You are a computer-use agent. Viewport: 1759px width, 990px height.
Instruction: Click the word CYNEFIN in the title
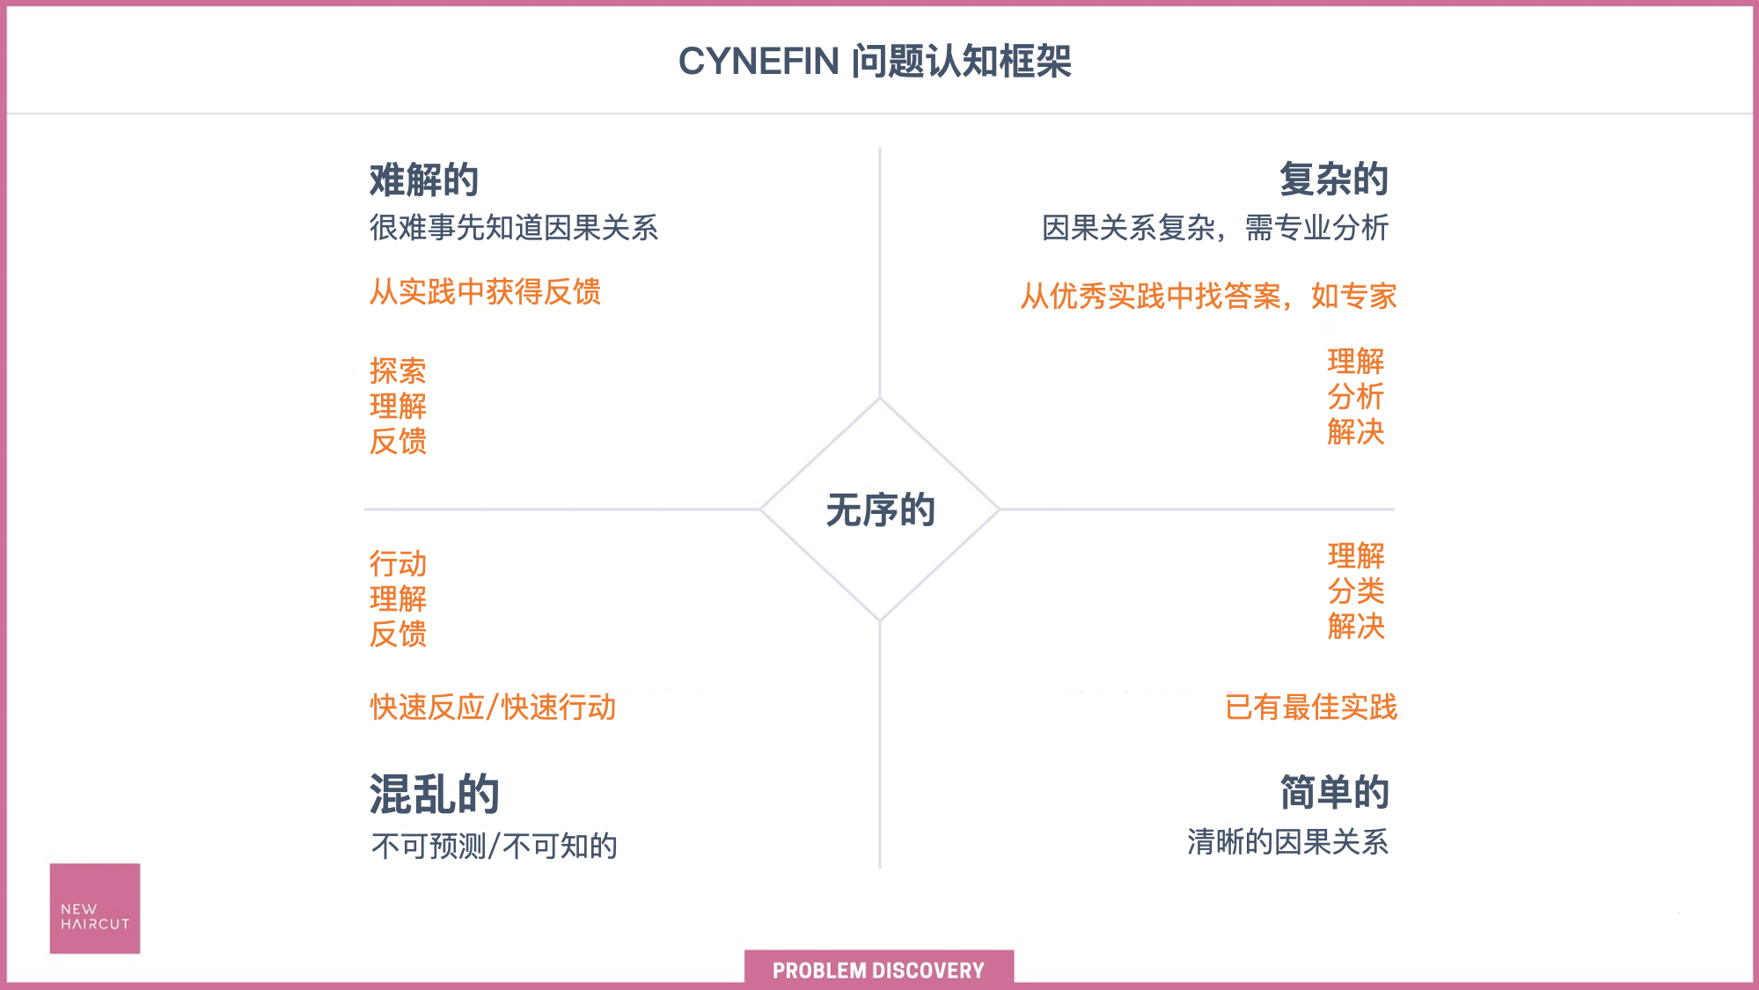[759, 62]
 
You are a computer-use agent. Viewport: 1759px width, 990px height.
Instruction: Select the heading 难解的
[424, 180]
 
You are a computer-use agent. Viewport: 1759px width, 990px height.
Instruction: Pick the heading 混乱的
[435, 794]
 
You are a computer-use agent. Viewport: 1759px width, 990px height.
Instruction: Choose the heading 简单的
[1335, 792]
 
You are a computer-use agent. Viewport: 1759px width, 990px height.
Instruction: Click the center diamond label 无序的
[881, 510]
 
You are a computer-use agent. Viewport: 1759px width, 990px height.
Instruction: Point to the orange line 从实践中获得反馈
[486, 291]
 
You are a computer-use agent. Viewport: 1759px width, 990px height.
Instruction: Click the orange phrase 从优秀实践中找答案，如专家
[1209, 296]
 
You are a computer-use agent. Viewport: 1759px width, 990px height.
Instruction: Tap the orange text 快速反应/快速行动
[493, 707]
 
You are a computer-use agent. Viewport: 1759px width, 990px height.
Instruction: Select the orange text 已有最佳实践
[1311, 707]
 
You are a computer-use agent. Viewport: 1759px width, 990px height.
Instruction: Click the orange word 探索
[398, 370]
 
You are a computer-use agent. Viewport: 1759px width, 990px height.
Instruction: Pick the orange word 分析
[1356, 397]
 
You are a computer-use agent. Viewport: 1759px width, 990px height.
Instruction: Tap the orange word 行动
[398, 563]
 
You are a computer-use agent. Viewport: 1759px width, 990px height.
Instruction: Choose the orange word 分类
[1356, 590]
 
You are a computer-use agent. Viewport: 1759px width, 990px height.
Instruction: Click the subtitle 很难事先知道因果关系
[514, 227]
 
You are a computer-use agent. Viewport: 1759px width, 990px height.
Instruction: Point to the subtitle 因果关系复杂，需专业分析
[1215, 227]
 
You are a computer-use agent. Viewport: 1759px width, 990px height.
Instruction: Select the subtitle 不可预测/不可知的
[495, 846]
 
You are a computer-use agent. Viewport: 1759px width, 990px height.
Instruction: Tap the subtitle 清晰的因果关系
[1288, 841]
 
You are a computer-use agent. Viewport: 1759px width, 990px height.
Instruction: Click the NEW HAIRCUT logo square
[95, 908]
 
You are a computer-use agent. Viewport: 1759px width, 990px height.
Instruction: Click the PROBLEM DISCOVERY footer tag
[879, 969]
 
